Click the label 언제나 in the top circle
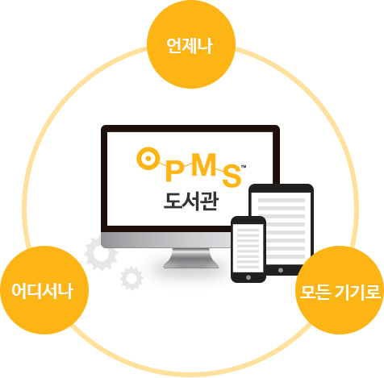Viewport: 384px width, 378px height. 190,46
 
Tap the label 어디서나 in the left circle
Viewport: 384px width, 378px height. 43,291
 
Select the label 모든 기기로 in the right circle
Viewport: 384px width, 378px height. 340,292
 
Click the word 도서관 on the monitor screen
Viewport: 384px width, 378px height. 191,201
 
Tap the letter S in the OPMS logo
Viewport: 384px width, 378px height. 232,175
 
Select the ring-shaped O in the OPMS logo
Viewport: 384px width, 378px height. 148,159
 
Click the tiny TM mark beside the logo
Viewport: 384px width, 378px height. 244,167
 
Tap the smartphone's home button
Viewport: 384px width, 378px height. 248,277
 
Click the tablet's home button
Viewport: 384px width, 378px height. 281,270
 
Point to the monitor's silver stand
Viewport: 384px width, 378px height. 191,258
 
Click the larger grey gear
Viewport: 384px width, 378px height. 101,253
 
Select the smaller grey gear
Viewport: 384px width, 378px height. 131,278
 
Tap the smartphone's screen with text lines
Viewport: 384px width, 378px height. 248,247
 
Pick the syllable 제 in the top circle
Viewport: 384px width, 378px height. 190,46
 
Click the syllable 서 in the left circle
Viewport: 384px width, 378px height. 50,291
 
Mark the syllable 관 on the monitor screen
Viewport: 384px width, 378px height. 209,201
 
